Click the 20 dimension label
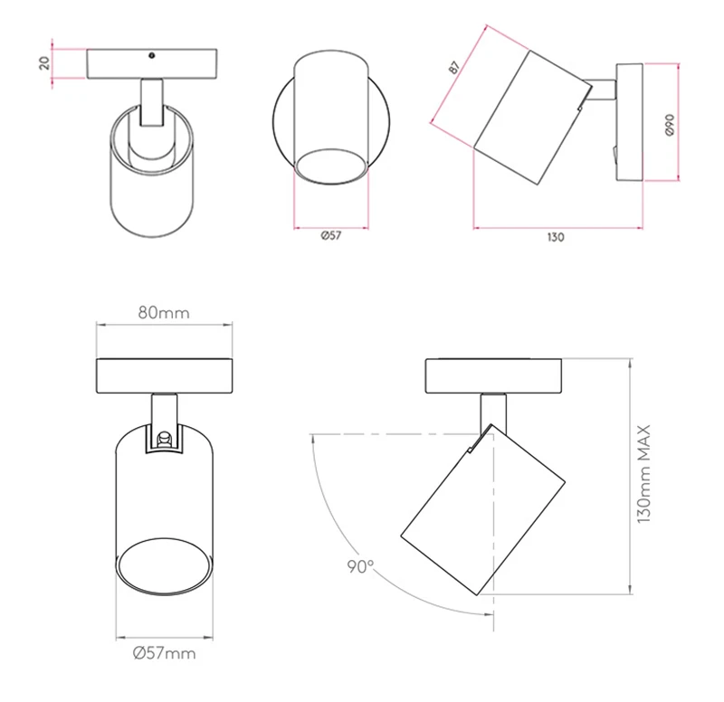coord(44,62)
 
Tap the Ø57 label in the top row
coord(331,236)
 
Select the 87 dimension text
coord(454,67)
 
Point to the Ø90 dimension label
coord(670,125)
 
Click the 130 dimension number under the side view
coord(556,237)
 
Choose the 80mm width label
coord(164,313)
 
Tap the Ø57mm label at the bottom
coord(165,653)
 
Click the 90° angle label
coord(360,566)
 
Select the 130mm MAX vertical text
coord(643,474)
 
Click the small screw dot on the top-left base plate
coord(151,56)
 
